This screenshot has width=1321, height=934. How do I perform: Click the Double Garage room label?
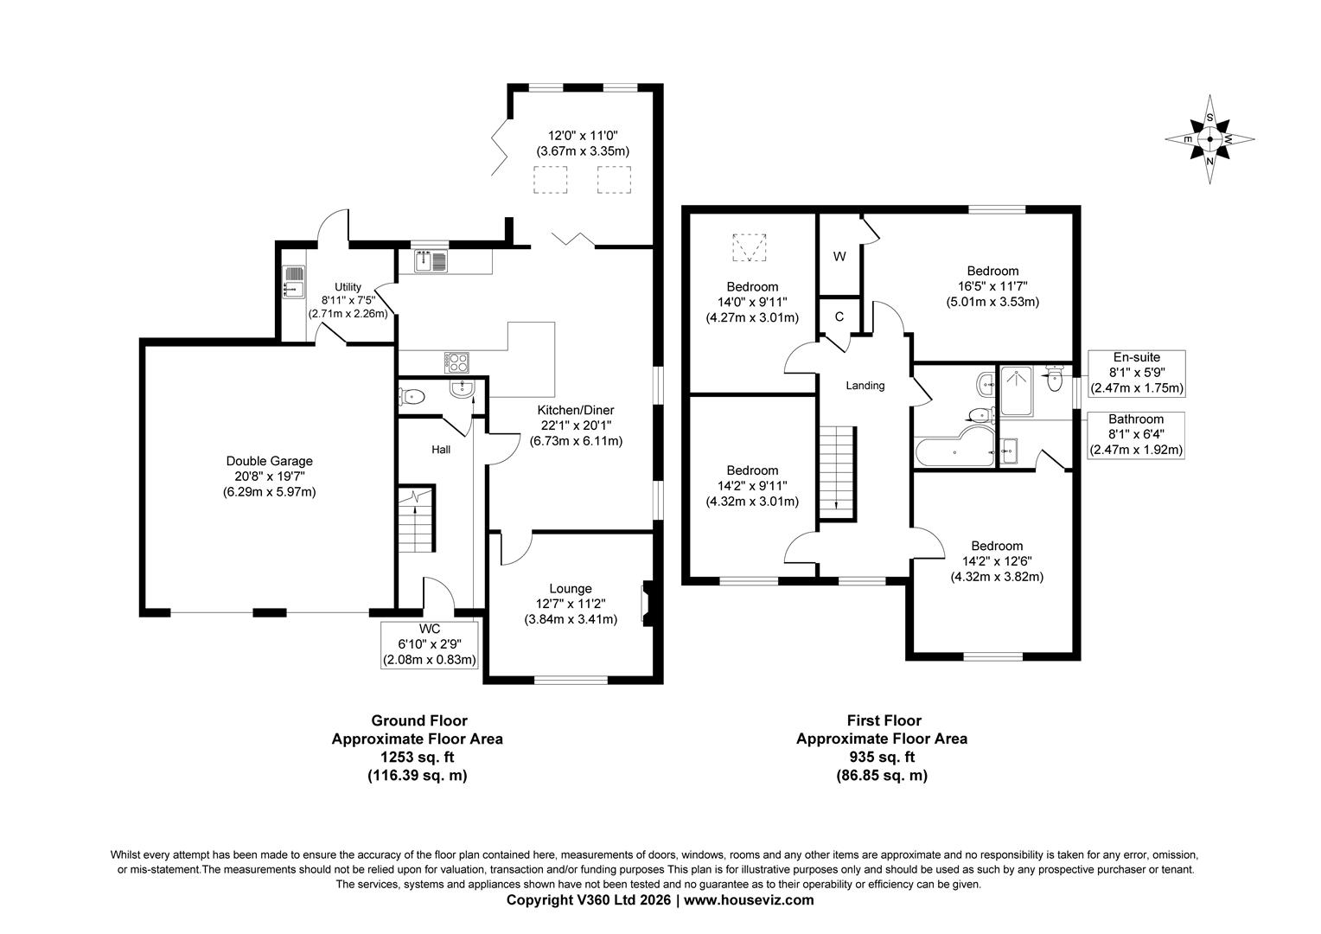(270, 462)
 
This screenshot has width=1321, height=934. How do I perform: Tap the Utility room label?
(348, 287)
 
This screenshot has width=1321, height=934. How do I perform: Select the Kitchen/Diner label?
(576, 410)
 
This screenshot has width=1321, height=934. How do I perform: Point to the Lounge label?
(571, 589)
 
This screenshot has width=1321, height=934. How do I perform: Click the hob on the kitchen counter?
(456, 362)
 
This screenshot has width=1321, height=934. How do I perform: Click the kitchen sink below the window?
(431, 261)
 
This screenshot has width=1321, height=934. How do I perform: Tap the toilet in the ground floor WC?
(412, 396)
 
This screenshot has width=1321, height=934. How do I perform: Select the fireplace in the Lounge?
(648, 604)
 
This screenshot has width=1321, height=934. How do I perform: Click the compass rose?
(1209, 139)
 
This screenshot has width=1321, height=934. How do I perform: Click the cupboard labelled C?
(839, 317)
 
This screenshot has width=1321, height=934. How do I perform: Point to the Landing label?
(865, 386)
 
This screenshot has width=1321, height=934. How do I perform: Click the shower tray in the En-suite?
(1017, 391)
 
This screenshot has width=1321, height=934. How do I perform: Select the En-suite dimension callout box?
(1136, 374)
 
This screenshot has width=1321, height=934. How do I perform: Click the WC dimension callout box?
(430, 645)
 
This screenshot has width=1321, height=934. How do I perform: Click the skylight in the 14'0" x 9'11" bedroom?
(749, 248)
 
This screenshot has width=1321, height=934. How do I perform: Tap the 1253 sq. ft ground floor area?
(418, 757)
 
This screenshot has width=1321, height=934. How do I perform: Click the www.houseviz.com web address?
(749, 899)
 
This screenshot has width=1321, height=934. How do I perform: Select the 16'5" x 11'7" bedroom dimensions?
(992, 287)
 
